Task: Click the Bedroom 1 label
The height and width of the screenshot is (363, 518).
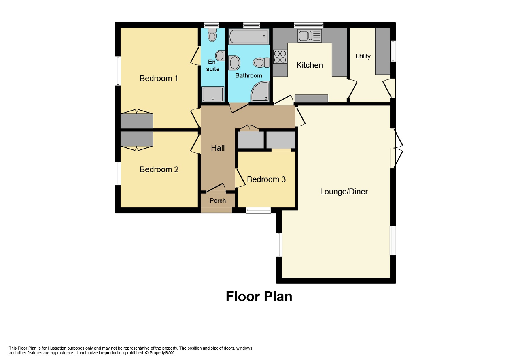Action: (x=159, y=78)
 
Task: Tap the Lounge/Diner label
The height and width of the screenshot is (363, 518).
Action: (x=344, y=192)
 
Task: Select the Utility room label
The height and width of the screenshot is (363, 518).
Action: (x=363, y=56)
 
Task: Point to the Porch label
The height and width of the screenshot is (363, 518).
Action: (x=218, y=200)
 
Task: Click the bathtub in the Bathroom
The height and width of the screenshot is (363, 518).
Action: (x=249, y=36)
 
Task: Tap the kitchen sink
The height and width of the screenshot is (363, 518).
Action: (x=310, y=36)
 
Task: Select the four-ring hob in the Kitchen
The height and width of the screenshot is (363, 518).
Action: (x=280, y=57)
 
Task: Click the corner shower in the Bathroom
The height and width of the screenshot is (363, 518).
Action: (x=260, y=92)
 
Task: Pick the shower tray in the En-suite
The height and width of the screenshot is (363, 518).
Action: (x=213, y=94)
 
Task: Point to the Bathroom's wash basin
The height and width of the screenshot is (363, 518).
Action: (x=234, y=62)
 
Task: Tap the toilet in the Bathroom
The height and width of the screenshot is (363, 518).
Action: (x=261, y=62)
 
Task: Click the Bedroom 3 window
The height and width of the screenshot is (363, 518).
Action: (x=258, y=210)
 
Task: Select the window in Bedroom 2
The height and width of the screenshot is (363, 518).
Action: (x=118, y=173)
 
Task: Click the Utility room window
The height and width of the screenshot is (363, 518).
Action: (x=393, y=51)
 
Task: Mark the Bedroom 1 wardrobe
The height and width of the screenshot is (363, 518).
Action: (x=137, y=120)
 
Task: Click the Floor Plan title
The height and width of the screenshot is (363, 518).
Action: (x=259, y=297)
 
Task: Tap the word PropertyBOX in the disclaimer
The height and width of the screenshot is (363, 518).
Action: (x=161, y=353)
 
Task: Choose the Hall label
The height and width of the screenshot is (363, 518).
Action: (x=218, y=148)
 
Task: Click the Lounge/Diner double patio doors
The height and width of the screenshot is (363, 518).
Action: (x=397, y=148)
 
